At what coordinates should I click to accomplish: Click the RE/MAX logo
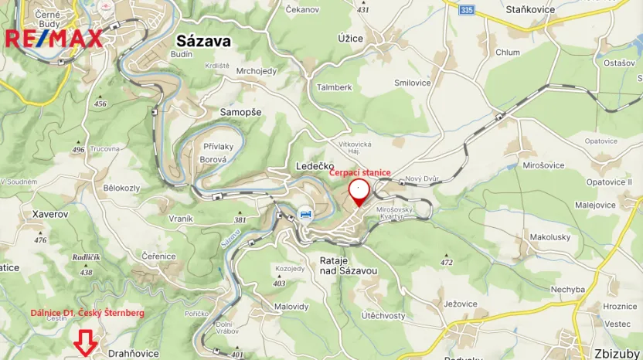point(53,38)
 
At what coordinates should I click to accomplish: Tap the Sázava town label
point(203,41)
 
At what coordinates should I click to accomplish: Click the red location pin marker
point(359,191)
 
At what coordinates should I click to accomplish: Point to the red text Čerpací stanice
point(360,173)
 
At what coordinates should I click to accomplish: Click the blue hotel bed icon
point(306,214)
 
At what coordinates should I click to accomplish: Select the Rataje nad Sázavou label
point(349,266)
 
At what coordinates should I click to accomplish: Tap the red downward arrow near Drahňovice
point(84,342)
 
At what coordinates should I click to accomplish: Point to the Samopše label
point(240,112)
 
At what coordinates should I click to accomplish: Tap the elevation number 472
point(446,263)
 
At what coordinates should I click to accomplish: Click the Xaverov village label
point(51,212)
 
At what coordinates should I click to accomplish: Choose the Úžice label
point(350,37)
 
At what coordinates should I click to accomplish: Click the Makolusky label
point(549,236)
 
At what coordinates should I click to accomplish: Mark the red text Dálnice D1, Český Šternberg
point(87,313)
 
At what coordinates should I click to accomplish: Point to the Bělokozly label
point(121,188)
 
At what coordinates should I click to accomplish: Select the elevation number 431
point(363,9)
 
